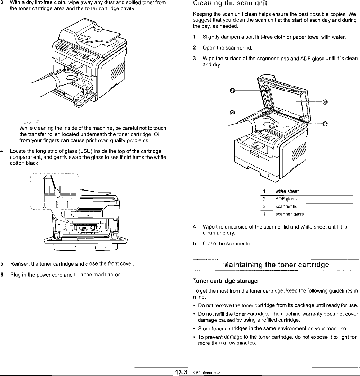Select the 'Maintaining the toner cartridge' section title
[276, 265]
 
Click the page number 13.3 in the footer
[181, 373]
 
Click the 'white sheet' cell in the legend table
[287, 191]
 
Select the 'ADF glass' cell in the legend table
[286, 199]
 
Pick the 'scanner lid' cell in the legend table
[286, 206]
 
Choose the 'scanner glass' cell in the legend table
[289, 214]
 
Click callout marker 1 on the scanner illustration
[233, 91]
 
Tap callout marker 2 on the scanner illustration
[233, 113]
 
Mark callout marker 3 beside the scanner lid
[325, 102]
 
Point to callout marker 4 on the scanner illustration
[325, 123]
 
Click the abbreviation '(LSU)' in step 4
[80, 151]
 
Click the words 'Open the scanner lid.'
[227, 47]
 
